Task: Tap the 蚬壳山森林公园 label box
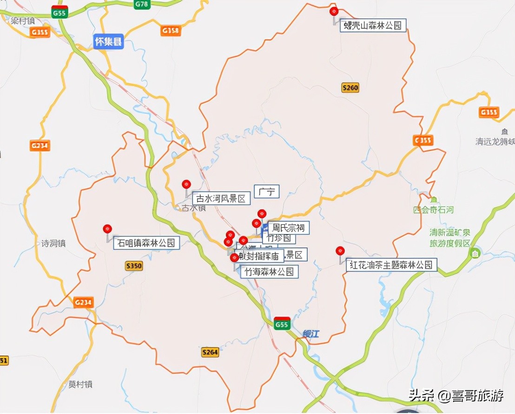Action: [372, 26]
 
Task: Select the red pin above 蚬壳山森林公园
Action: [333, 12]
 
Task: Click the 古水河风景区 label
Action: [221, 199]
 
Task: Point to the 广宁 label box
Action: [267, 192]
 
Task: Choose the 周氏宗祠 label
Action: [288, 228]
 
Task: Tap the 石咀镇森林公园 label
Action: [146, 243]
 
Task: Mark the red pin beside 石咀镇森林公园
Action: [108, 229]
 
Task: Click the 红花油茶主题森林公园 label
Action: [391, 265]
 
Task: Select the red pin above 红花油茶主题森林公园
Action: [340, 251]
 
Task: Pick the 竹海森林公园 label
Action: [269, 272]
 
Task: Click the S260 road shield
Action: [350, 87]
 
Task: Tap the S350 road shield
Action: [134, 266]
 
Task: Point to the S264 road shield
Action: [210, 352]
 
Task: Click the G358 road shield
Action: [171, 31]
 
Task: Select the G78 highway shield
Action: [141, 4]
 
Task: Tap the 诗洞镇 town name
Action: [53, 243]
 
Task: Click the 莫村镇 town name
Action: [80, 384]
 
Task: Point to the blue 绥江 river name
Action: [311, 334]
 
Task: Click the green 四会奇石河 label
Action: [433, 210]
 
